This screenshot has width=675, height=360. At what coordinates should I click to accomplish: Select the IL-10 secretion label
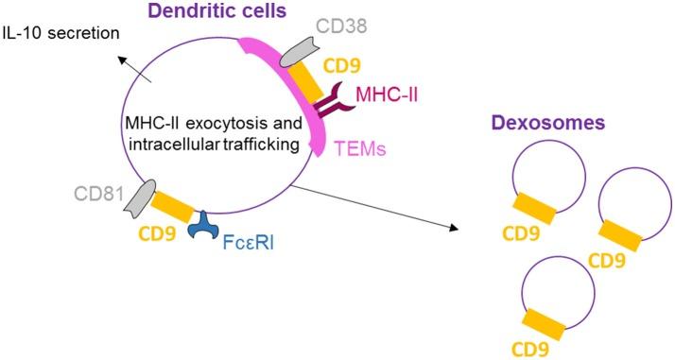tap(61, 34)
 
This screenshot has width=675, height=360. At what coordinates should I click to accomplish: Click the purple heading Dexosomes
tap(541, 125)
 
